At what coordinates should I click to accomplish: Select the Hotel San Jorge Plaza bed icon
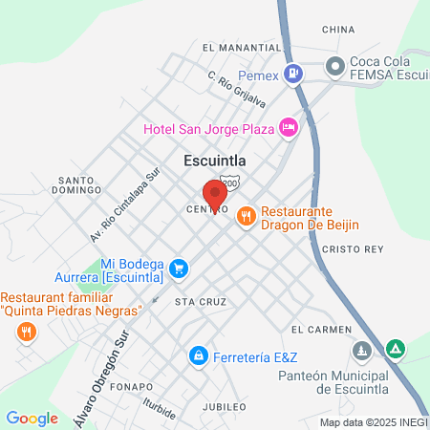pyautogui.click(x=288, y=127)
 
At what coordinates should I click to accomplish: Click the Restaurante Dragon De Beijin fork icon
pyautogui.click(x=246, y=217)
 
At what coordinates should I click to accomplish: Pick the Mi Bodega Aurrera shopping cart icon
pyautogui.click(x=177, y=271)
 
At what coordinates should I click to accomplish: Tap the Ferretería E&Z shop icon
pyautogui.click(x=198, y=355)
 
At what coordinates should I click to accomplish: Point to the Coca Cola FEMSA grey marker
pyautogui.click(x=334, y=66)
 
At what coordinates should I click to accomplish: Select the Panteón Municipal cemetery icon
pyautogui.click(x=361, y=352)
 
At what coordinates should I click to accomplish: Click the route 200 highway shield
pyautogui.click(x=228, y=181)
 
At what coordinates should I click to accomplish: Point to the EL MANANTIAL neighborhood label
pyautogui.click(x=241, y=47)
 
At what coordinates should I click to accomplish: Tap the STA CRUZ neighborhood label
pyautogui.click(x=198, y=301)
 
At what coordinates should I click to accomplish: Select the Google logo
pyautogui.click(x=32, y=418)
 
